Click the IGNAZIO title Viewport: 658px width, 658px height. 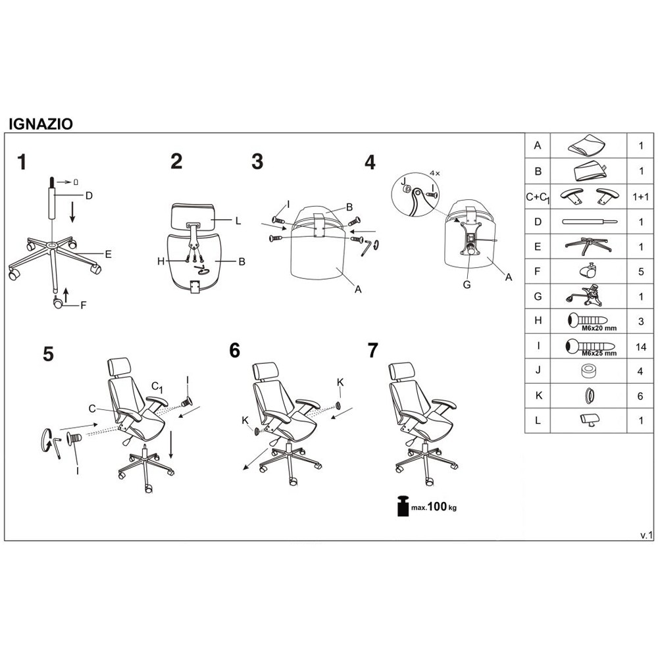(x=41, y=124)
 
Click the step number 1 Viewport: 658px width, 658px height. (x=22, y=162)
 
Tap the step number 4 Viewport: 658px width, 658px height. (x=370, y=163)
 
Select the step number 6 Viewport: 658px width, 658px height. (x=235, y=351)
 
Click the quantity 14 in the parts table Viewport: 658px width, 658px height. (x=641, y=347)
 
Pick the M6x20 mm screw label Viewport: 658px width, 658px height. (x=599, y=328)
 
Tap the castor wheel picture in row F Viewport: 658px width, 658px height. (x=588, y=270)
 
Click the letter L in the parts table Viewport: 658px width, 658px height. (x=538, y=420)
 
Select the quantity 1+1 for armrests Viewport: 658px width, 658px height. (x=641, y=196)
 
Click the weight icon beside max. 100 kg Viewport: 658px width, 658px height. (x=403, y=506)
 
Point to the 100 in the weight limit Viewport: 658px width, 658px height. (x=438, y=507)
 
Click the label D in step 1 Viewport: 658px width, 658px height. (x=89, y=195)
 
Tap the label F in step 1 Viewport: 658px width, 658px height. (x=83, y=305)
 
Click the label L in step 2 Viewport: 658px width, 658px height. (x=238, y=220)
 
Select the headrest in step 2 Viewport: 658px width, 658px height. (x=193, y=216)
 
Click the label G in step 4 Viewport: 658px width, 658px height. (x=467, y=284)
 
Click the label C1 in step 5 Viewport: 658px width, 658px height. (x=157, y=387)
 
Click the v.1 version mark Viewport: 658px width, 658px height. (x=646, y=535)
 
